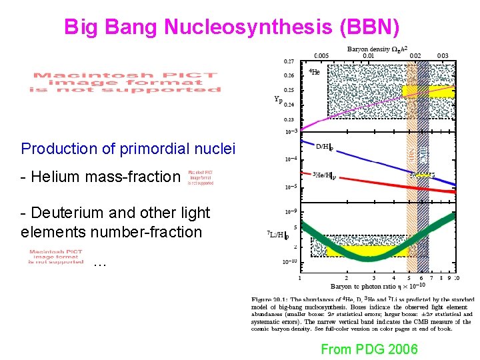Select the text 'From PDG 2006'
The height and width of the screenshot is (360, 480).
(x=369, y=349)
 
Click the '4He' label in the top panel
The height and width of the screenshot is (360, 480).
(x=315, y=72)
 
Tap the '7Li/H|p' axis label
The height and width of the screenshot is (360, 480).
(x=279, y=235)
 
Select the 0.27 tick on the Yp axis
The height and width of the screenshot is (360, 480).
(x=289, y=61)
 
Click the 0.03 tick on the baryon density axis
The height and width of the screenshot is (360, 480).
(x=443, y=55)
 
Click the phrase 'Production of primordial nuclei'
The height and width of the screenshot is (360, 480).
(x=129, y=148)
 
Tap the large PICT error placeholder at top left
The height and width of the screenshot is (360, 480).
(x=126, y=82)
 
